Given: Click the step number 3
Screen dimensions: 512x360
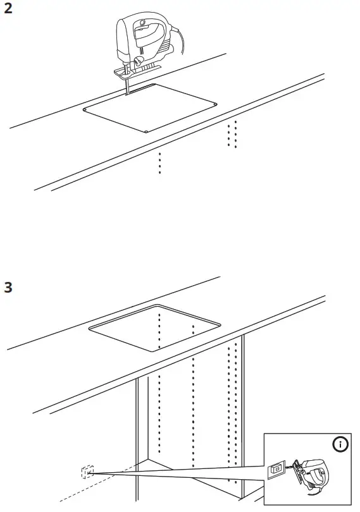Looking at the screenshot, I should pyautogui.click(x=8, y=287).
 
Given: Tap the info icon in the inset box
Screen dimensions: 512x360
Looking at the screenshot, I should pyautogui.click(x=340, y=445).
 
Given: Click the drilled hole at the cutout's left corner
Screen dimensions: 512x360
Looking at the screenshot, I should pyautogui.click(x=84, y=110).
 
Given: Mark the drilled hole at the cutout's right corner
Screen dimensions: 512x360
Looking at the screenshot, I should pyautogui.click(x=216, y=104).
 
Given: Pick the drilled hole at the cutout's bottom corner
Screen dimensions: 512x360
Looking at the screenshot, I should pyautogui.click(x=146, y=131).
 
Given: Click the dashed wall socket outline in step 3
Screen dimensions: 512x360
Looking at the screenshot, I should pyautogui.click(x=86, y=472).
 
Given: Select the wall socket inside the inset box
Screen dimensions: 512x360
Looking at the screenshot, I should pyautogui.click(x=276, y=470).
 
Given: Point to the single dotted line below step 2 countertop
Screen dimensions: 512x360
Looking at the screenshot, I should pyautogui.click(x=159, y=162).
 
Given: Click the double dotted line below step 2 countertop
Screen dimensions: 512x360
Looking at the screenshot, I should pyautogui.click(x=232, y=133).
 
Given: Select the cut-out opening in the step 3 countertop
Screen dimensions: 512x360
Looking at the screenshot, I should pyautogui.click(x=155, y=329).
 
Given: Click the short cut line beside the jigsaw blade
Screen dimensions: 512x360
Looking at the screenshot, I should pyautogui.click(x=142, y=89).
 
